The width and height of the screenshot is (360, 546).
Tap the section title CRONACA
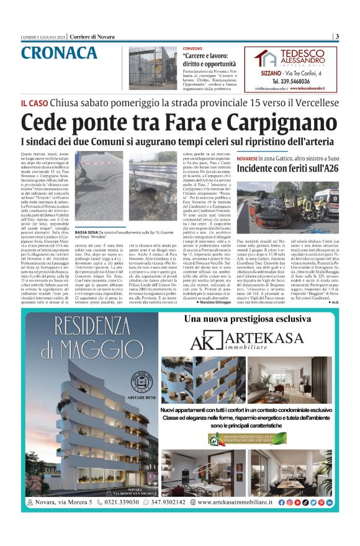(x=59, y=53)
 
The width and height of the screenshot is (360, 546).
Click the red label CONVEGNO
(x=192, y=48)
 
